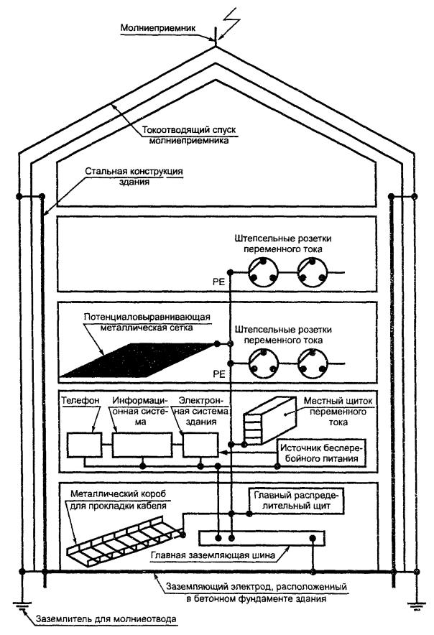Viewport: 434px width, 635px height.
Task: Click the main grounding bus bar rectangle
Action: [x=260, y=538]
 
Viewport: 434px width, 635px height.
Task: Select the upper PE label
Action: [x=218, y=282]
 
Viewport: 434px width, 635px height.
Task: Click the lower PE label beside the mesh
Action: [x=218, y=374]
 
